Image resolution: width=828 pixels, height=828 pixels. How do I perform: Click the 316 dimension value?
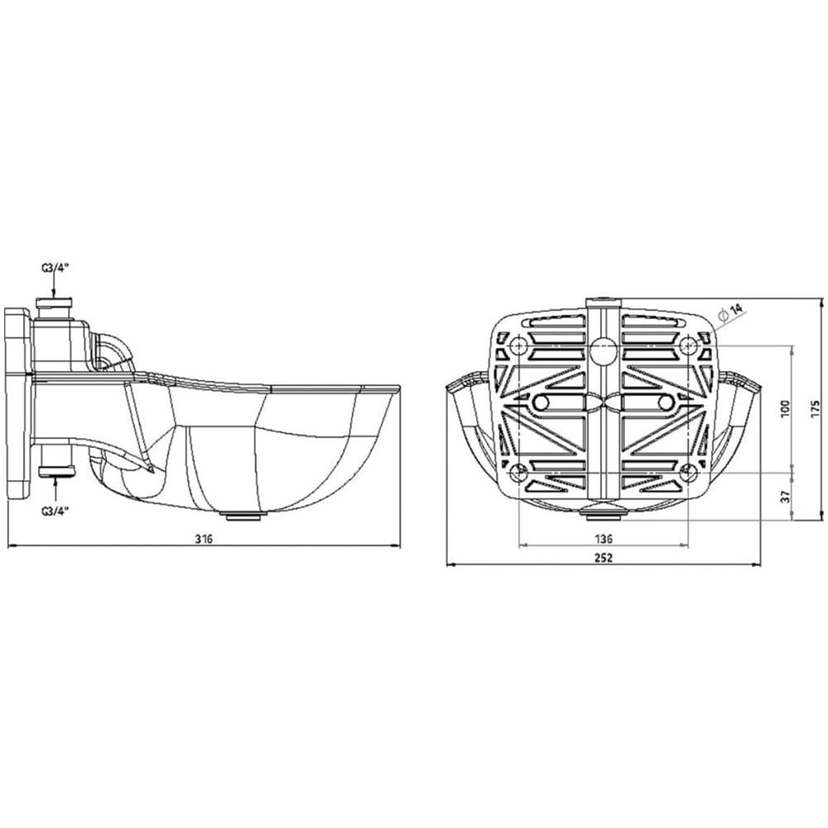click(x=204, y=538)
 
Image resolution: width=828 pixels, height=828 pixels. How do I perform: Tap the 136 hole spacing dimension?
click(x=604, y=537)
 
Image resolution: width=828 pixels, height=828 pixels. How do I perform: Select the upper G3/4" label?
click(x=54, y=267)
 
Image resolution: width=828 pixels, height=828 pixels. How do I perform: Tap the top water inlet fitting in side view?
click(x=55, y=307)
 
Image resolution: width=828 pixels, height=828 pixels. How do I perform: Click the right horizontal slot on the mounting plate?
click(x=646, y=402)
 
